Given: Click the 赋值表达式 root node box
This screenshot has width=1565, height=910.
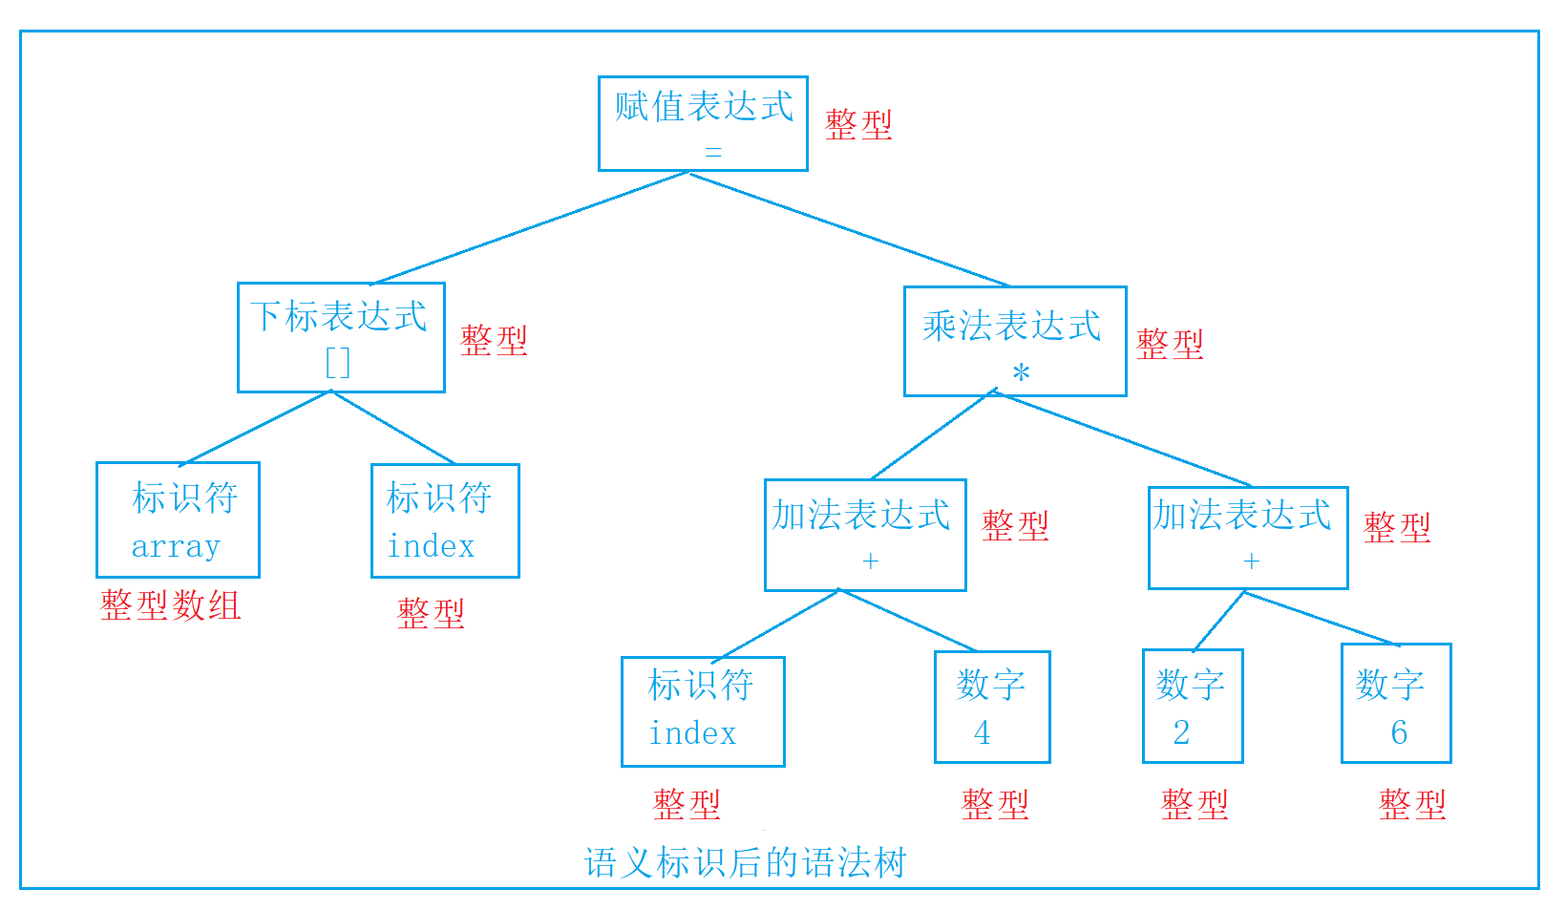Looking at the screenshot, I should [x=703, y=123].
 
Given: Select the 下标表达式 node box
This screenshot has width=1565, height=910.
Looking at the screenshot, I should [x=341, y=337].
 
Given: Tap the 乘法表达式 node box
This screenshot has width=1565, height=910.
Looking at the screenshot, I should [x=1015, y=341].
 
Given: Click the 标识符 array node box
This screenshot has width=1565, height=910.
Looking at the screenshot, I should [x=178, y=519].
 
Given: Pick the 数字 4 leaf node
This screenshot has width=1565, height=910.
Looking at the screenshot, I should [x=992, y=707].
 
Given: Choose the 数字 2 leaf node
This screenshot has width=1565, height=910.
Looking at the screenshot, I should [x=1193, y=706].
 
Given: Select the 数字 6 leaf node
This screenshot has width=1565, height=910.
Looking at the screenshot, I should [x=1396, y=703].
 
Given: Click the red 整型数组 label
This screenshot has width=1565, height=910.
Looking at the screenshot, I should [x=171, y=605].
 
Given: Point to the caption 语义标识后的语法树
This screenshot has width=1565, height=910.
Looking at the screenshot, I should [x=745, y=862].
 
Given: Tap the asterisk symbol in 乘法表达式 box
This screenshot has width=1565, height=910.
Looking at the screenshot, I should [x=1021, y=373].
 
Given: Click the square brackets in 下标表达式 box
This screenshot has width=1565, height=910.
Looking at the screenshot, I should [x=338, y=363].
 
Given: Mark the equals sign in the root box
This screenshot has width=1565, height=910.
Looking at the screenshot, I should [x=713, y=152].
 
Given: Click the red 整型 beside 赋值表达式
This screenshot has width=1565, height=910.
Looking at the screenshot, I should [x=858, y=124].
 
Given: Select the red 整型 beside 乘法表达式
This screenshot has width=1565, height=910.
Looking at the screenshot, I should [x=1170, y=344].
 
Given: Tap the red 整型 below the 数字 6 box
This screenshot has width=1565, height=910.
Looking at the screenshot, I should [x=1412, y=804].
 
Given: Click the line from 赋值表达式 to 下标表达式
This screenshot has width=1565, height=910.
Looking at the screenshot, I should [x=530, y=228].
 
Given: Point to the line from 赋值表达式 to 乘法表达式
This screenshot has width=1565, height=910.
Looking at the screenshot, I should [x=850, y=229].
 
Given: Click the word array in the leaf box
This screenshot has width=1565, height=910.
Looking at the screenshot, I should [x=176, y=546].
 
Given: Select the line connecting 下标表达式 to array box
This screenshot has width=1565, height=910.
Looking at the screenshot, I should [x=255, y=428].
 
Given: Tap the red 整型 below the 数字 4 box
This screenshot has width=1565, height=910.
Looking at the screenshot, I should [x=995, y=804].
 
